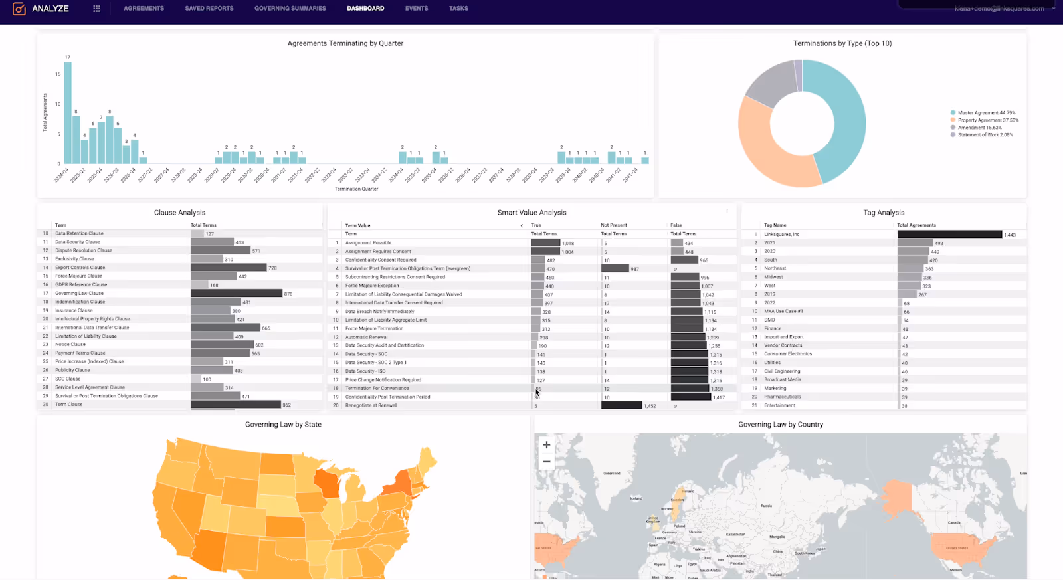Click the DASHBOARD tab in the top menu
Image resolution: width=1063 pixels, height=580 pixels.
pos(365,9)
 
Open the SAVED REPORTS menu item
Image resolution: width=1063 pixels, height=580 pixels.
pos(209,9)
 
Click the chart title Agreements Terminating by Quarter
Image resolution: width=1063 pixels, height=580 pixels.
pos(345,43)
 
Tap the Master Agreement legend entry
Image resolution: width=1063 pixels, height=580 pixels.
pos(986,113)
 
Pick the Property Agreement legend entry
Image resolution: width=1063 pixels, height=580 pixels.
pos(987,120)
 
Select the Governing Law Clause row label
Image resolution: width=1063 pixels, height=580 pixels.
pos(79,293)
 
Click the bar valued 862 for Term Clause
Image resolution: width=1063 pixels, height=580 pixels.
pos(236,405)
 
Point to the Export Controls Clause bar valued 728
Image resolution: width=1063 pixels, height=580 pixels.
pos(229,268)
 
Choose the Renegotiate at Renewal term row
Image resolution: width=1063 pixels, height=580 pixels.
pos(371,405)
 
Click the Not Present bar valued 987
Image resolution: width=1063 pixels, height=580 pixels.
pos(615,268)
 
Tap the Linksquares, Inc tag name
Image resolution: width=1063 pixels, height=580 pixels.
pos(781,234)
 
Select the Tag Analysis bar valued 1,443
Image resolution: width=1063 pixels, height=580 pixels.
pos(949,234)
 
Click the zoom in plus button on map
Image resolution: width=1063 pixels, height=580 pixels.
pos(547,445)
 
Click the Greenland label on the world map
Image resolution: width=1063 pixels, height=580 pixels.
pos(612,473)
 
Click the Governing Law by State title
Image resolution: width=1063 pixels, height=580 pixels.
pos(283,425)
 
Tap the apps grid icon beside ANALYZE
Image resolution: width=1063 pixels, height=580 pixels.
pos(96,9)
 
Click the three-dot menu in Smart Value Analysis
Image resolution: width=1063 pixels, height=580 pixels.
pos(727,211)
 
